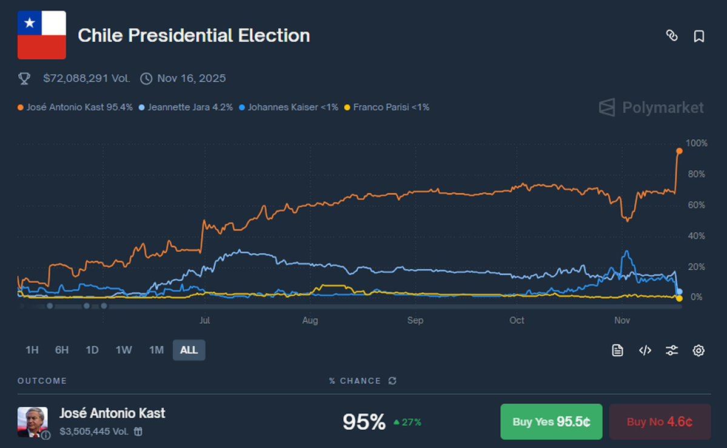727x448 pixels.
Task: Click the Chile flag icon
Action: click(41, 36)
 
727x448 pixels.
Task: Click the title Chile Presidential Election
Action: click(193, 36)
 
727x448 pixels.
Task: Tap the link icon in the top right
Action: click(671, 36)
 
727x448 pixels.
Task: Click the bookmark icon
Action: click(699, 36)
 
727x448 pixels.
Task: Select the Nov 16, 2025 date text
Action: click(191, 78)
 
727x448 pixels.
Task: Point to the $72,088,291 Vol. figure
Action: click(87, 78)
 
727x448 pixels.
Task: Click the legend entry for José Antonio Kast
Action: click(75, 107)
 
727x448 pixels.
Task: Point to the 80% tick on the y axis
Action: click(696, 175)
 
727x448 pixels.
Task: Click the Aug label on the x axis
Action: click(310, 320)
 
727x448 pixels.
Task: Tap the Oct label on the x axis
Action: click(517, 320)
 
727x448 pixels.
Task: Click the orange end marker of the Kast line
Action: click(679, 151)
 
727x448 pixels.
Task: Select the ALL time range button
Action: click(189, 350)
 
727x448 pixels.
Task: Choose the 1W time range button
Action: click(124, 350)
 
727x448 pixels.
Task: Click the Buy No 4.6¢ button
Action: click(660, 422)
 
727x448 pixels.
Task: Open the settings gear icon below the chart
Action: click(699, 350)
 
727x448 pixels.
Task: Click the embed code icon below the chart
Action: click(645, 350)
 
